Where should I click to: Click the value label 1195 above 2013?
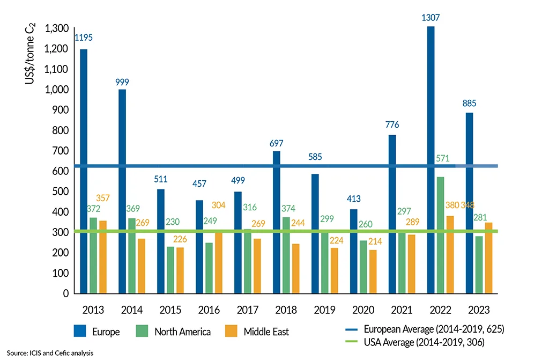click(84, 38)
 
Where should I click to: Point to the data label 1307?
click(431, 17)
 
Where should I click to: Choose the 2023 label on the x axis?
click(473, 310)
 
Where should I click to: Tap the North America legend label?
click(182, 332)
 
